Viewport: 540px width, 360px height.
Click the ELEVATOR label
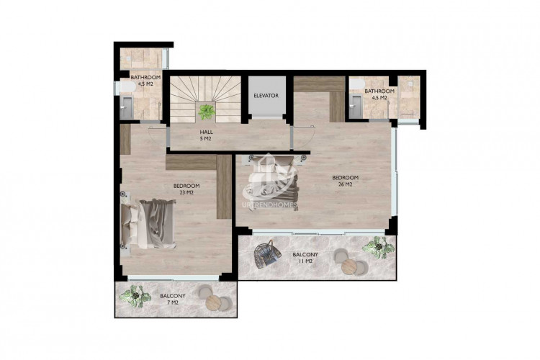[x=266, y=96]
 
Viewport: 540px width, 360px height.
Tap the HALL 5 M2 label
[x=207, y=135]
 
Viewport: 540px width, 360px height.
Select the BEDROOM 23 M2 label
[x=186, y=189]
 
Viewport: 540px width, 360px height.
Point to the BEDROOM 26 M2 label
[x=345, y=181]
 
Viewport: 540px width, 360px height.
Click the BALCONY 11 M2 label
[x=305, y=258]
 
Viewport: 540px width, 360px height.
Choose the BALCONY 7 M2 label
[x=173, y=299]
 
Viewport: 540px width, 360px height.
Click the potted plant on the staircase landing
[x=207, y=112]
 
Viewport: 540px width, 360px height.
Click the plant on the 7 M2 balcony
[x=135, y=296]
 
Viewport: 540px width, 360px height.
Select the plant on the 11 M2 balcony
[x=378, y=247]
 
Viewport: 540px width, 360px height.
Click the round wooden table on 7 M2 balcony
[x=215, y=302]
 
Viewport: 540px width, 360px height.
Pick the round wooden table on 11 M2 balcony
[x=350, y=266]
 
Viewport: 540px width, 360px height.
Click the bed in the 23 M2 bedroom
[x=148, y=223]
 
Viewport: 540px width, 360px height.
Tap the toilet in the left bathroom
[x=127, y=86]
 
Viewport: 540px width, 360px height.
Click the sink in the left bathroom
[x=127, y=107]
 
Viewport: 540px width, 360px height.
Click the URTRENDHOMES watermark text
[x=270, y=205]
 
